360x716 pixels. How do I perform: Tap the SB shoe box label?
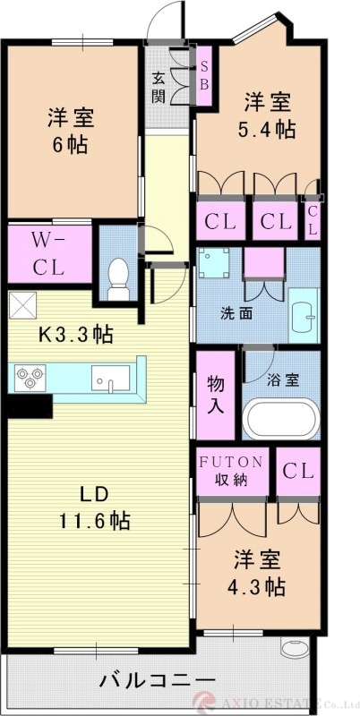pyautogui.click(x=203, y=75)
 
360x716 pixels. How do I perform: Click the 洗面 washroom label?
pyautogui.click(x=236, y=315)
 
